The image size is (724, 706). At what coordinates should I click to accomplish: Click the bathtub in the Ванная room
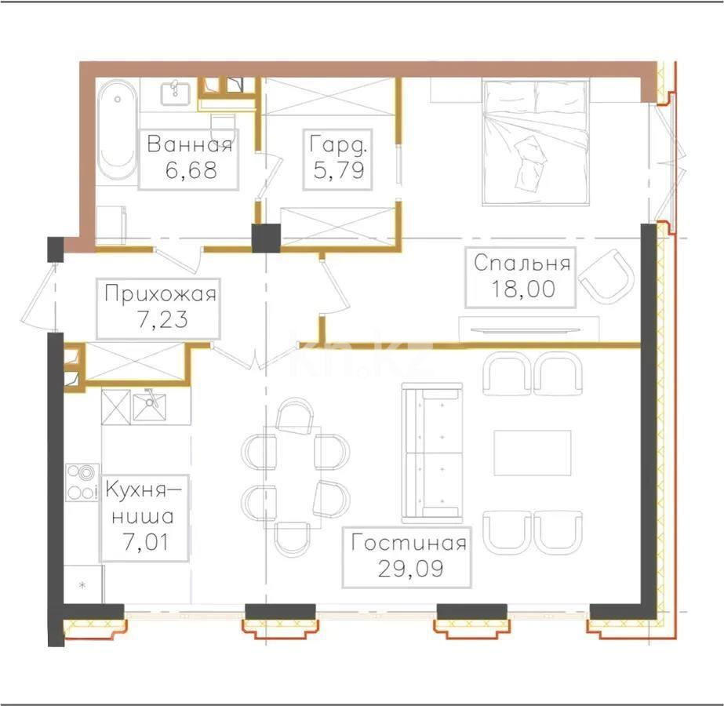pos(117,130)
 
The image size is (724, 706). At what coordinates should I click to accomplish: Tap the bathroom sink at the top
pos(175,94)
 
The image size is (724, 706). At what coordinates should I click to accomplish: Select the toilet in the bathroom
pos(224,126)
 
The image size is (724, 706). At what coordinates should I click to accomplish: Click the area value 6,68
pos(188,169)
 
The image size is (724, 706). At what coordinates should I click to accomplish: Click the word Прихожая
pos(159,294)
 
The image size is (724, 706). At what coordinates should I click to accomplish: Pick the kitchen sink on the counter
pos(149,407)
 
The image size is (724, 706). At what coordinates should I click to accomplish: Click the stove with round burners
pos(80,482)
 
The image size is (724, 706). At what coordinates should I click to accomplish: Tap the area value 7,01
pos(144,541)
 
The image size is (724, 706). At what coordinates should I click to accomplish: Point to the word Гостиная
pos(408,544)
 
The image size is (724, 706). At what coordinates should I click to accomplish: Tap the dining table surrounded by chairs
pos(292,476)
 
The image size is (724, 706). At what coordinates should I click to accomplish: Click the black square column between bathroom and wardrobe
pos(266,238)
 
